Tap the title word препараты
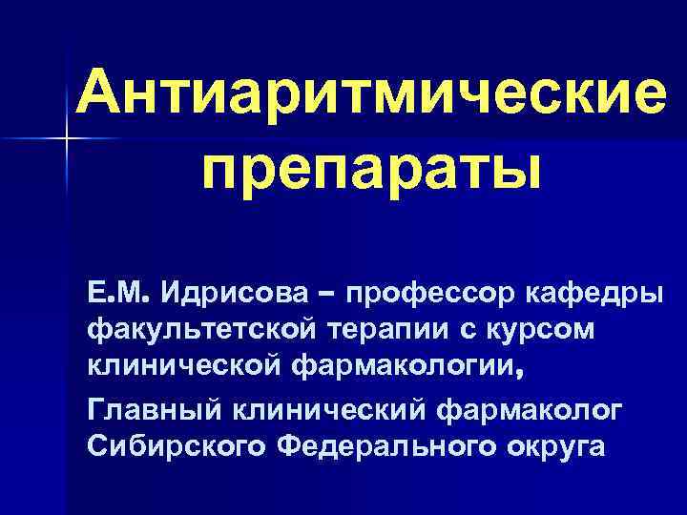click(x=370, y=170)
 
